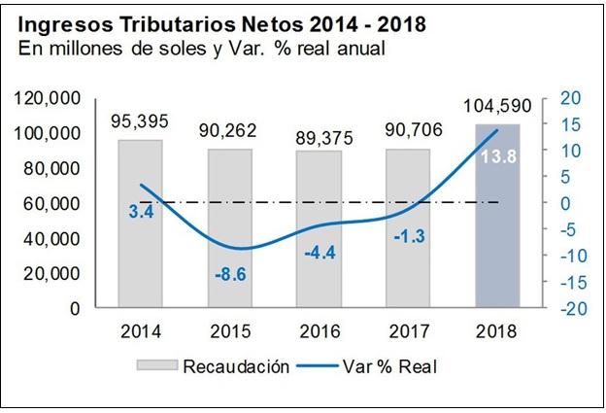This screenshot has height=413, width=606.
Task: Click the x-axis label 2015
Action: coord(229,331)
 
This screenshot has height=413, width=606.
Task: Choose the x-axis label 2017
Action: coord(408,331)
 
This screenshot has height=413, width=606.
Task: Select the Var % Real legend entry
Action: coord(387,366)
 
